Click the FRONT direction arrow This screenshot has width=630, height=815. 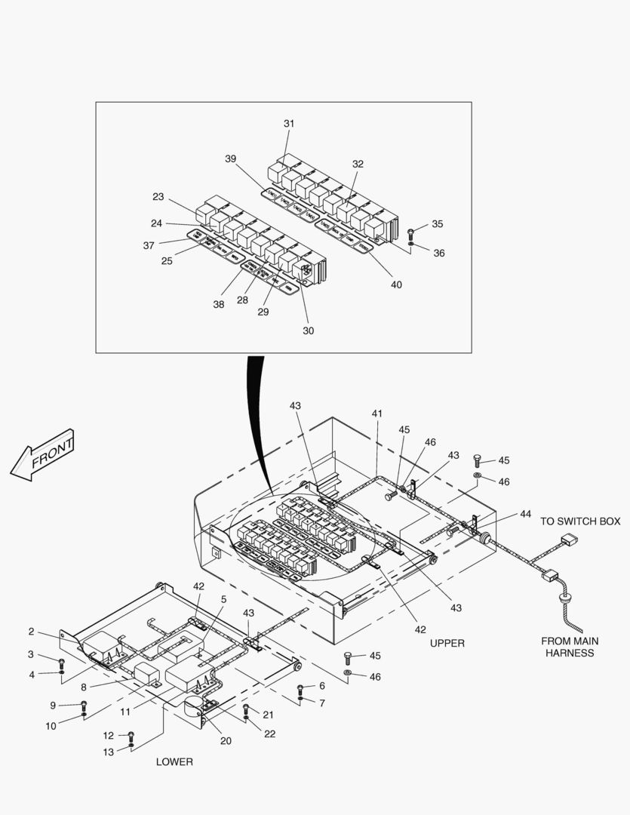tap(44, 456)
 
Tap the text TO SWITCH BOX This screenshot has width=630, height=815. tap(579, 521)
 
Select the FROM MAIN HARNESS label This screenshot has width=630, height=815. tap(570, 647)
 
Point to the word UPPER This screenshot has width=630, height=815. tap(447, 643)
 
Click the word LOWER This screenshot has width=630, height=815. tap(174, 761)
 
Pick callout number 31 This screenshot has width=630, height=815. tap(289, 123)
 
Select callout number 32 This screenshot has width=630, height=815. tap(358, 164)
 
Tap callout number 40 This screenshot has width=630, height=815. tap(396, 284)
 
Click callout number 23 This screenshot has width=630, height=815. tap(158, 197)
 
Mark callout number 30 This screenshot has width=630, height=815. tap(308, 331)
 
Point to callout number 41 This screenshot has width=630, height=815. tap(376, 414)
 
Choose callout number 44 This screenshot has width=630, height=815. tap(525, 514)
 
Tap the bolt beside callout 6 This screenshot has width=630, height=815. tap(300, 688)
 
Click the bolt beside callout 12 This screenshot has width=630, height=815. tap(131, 735)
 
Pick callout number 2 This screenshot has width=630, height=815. tap(31, 632)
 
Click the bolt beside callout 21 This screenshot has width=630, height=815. tap(246, 709)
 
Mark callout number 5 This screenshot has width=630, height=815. tap(223, 599)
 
